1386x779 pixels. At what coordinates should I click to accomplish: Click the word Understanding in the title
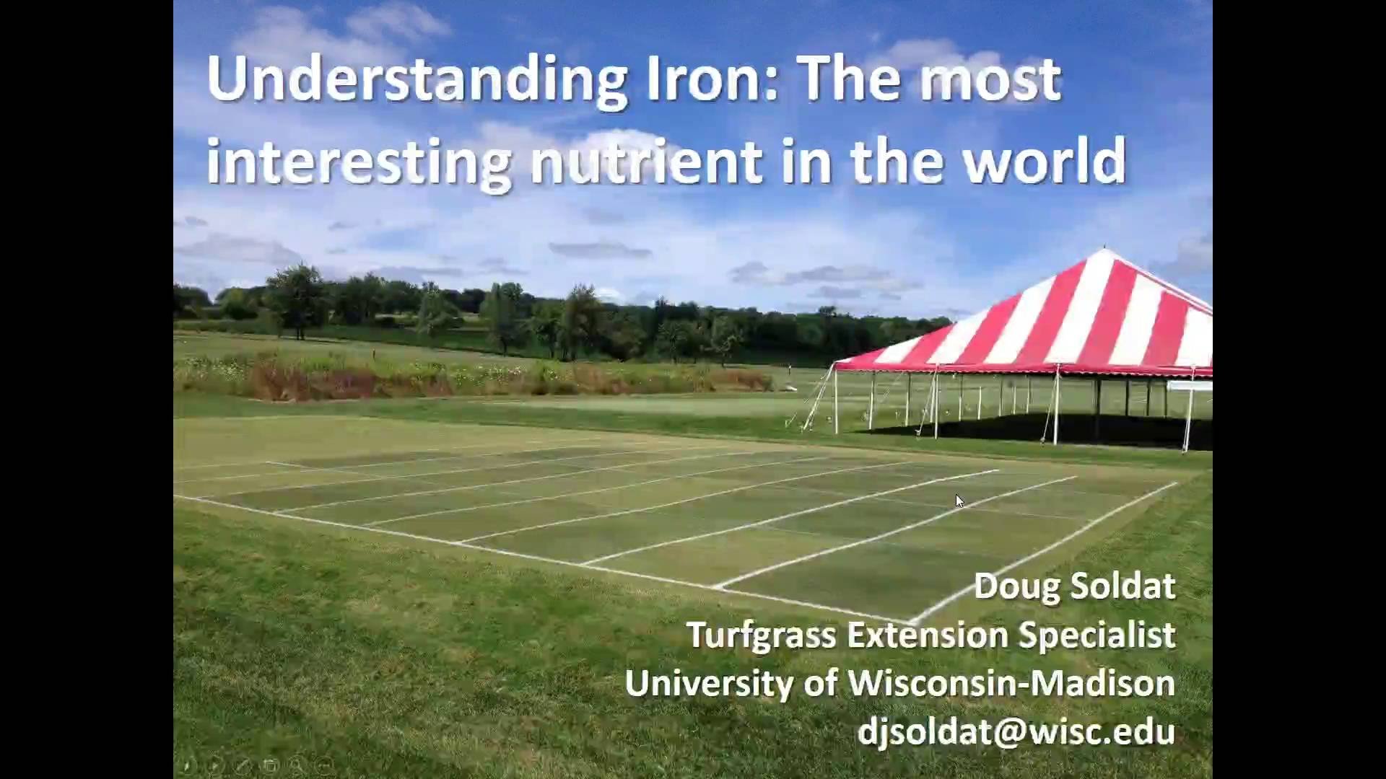(x=417, y=82)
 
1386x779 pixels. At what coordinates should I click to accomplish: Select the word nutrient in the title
(x=646, y=160)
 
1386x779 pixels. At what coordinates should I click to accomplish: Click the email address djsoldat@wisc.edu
(x=1016, y=731)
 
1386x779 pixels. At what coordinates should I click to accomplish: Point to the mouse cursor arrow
(x=959, y=501)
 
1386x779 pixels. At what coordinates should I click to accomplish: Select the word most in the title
(x=989, y=80)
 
